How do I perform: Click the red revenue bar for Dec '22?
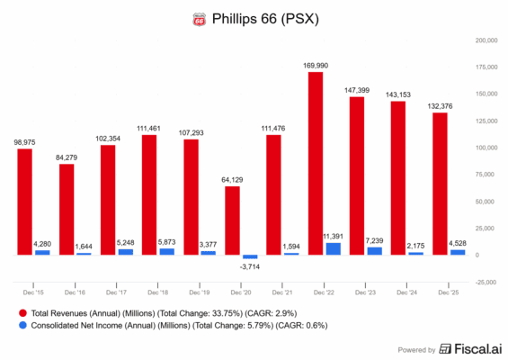[316, 163]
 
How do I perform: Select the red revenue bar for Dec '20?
[232, 220]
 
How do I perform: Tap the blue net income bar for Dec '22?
[334, 248]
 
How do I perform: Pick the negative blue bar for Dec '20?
[250, 257]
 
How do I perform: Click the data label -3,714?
[249, 267]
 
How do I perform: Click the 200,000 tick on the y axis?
[486, 40]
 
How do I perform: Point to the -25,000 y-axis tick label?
[486, 283]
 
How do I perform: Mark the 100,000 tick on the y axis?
[486, 148]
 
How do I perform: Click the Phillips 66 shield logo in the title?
[198, 17]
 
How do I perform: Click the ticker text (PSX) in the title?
[298, 17]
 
